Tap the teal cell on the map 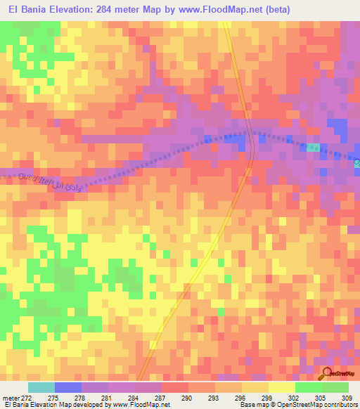coord(312,147)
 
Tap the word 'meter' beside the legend coord(11,399)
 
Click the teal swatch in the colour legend coord(41,388)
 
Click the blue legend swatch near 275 coord(68,388)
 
